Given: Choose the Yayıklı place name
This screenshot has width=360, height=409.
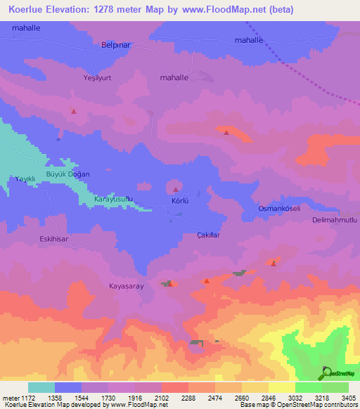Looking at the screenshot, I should (25, 179).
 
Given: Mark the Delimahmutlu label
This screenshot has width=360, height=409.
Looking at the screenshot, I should (335, 220).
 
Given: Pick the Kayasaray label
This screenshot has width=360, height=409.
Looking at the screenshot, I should (126, 286).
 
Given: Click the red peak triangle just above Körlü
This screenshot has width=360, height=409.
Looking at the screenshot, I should (175, 189).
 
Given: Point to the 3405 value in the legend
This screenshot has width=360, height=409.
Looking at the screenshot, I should (347, 397).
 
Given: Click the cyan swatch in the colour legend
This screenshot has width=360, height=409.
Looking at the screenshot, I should (41, 387).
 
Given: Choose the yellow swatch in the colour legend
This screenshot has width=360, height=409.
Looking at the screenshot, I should (281, 387).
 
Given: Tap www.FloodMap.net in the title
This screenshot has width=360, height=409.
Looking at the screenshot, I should (217, 10).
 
